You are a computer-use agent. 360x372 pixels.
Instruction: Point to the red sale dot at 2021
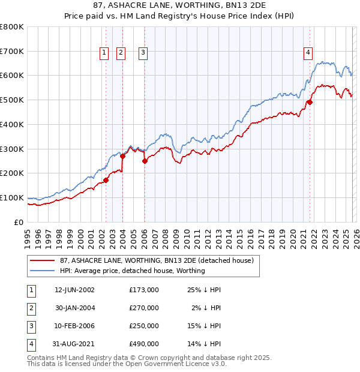tap(310, 102)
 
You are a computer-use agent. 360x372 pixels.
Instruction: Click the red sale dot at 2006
tap(145, 161)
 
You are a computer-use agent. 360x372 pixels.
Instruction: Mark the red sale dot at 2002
tap(106, 179)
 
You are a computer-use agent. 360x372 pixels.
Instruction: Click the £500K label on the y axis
tap(12, 100)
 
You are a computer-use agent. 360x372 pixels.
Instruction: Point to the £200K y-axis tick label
tap(12, 173)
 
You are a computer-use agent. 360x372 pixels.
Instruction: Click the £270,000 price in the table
tap(144, 308)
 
